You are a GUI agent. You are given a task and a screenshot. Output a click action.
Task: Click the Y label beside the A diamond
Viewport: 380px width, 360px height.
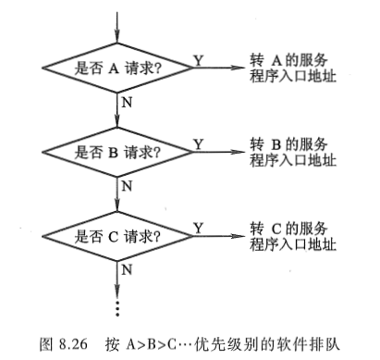(198, 59)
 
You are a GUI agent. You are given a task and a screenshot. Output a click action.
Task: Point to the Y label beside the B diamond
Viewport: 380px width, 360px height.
(198, 143)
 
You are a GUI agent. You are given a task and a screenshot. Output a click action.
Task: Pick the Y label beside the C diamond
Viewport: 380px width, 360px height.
(198, 227)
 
